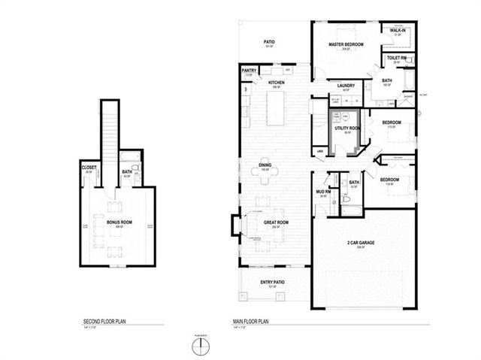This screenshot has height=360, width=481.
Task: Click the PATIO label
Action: click(x=268, y=42)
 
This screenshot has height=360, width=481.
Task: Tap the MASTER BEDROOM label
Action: click(x=346, y=45)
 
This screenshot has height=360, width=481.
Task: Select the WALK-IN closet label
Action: click(x=398, y=31)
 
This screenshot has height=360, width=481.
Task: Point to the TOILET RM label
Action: click(x=397, y=58)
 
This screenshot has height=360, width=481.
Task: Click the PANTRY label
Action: click(x=250, y=71)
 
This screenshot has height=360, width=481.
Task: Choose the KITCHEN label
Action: click(x=276, y=83)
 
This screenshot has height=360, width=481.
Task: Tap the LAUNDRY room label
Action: click(x=346, y=86)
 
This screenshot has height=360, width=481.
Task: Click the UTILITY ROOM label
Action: click(x=347, y=129)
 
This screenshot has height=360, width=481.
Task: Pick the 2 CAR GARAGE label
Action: click(x=360, y=243)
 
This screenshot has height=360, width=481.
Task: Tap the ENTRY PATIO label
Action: click(x=271, y=283)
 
